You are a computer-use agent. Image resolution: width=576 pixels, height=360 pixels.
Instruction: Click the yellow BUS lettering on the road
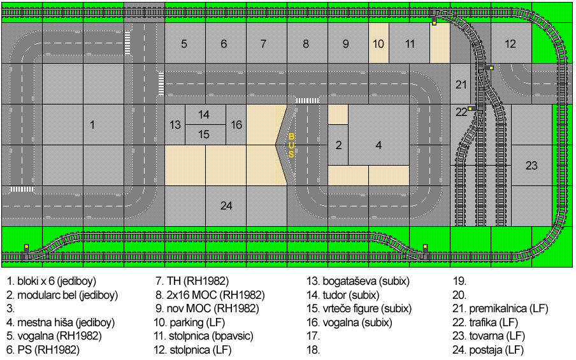pos(291,146)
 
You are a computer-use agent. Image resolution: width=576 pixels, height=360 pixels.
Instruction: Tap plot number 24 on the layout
pos(226,206)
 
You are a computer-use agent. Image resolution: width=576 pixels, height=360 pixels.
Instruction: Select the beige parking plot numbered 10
pos(378,43)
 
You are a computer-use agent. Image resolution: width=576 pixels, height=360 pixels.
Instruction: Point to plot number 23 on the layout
pos(531,165)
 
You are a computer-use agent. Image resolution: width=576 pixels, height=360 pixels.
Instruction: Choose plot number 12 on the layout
pos(511,43)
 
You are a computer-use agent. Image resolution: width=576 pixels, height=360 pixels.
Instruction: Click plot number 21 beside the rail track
pos(461,84)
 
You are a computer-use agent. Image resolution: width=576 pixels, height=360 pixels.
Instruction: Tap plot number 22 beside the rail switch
pos(461,112)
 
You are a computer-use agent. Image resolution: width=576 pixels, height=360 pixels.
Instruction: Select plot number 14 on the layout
pos(205,115)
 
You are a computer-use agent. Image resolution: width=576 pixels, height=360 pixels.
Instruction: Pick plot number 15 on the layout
pos(205,134)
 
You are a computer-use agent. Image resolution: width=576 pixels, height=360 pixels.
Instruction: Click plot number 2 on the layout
pos(338,145)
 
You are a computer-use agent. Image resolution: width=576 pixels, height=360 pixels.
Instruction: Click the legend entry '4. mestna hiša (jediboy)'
pos(61,322)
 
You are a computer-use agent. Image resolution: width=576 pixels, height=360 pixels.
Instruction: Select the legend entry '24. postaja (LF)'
pos(488,350)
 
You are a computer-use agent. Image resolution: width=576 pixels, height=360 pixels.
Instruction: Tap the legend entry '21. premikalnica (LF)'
pos(500,308)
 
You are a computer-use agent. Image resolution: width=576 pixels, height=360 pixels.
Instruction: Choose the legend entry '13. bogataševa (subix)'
pos(358,282)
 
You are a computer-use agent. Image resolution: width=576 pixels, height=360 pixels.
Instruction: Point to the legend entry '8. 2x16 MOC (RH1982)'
pos(210,295)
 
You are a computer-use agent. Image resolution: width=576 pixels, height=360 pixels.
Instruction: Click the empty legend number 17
pos(313,336)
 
